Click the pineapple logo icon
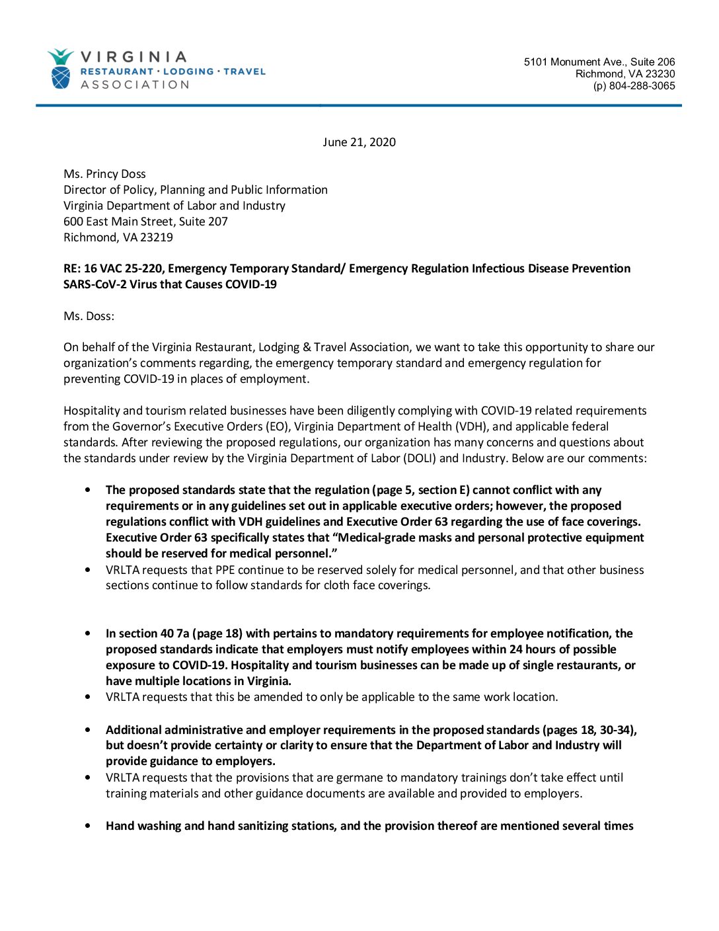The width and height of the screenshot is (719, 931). click(x=60, y=69)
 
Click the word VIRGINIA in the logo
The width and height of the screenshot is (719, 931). click(x=133, y=57)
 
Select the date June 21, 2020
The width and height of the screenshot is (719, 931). click(x=359, y=142)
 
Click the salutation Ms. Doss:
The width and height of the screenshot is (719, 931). click(x=89, y=316)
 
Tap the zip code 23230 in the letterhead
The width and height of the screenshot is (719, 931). click(x=660, y=74)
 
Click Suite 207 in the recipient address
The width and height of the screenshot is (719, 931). click(x=204, y=222)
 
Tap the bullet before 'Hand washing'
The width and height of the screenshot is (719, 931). click(x=88, y=826)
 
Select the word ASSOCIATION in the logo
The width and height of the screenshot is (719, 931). click(x=135, y=85)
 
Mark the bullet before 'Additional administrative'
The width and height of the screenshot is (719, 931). click(x=88, y=730)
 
